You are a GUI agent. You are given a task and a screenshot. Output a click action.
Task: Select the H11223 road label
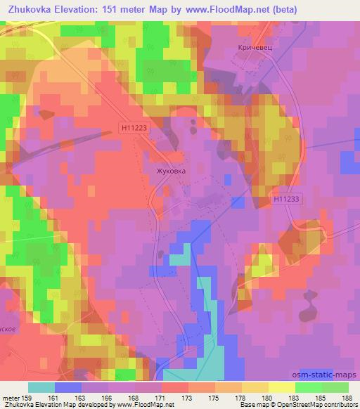(x=133, y=127)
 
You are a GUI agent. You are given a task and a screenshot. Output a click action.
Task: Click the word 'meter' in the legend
(x=10, y=397)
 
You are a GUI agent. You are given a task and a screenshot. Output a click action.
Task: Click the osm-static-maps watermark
(x=329, y=376)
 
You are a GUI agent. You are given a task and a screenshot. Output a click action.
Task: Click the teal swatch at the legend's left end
(x=41, y=387)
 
